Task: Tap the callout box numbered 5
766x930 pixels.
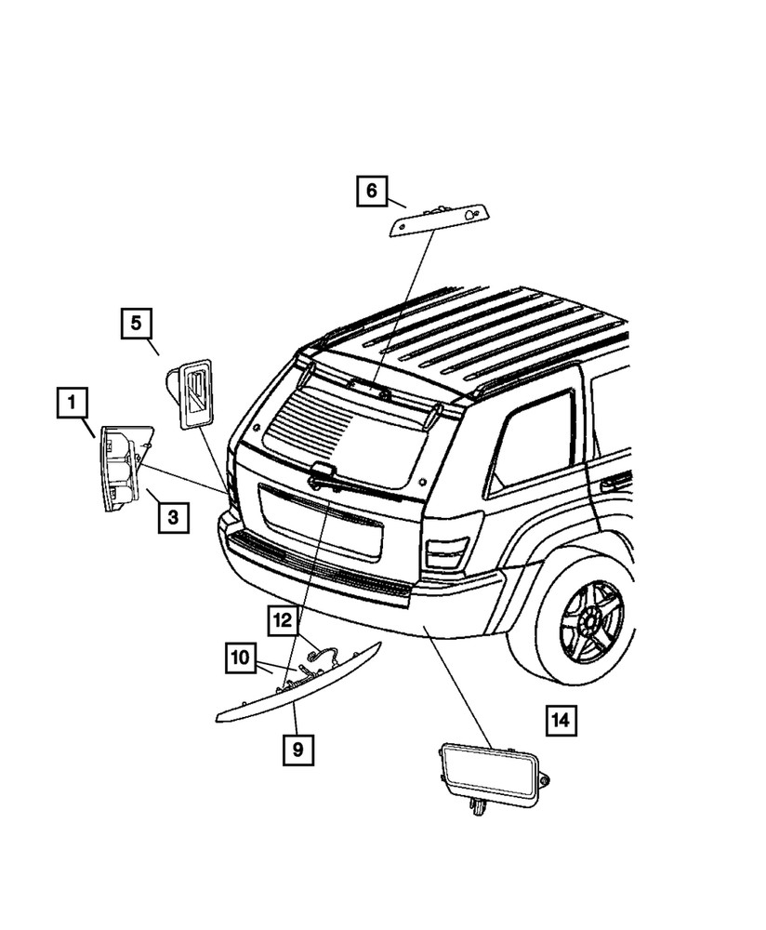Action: tap(136, 325)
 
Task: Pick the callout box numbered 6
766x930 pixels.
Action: tap(371, 192)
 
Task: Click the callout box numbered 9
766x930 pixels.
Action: tap(297, 748)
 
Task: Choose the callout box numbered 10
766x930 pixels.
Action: tap(240, 658)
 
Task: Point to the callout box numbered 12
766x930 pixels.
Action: tap(282, 618)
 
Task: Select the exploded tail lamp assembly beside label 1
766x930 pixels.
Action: tap(123, 467)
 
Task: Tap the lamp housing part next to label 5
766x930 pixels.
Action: tap(191, 394)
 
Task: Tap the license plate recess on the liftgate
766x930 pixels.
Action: tap(321, 524)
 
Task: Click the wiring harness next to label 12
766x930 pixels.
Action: tap(320, 658)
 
